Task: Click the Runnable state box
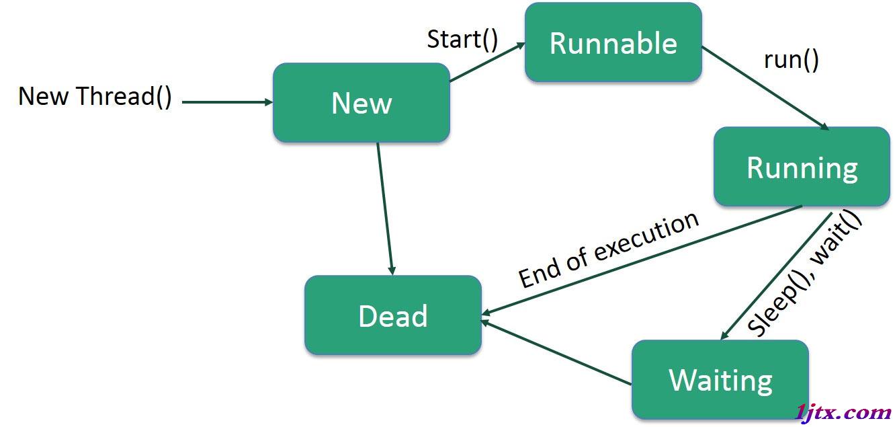pyautogui.click(x=613, y=42)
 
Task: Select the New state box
pyautogui.click(x=361, y=103)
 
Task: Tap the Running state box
pyautogui.click(x=802, y=167)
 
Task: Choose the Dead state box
pyautogui.click(x=393, y=315)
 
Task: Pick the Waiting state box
pyautogui.click(x=720, y=379)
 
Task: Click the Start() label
pyautogui.click(x=463, y=40)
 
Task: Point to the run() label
pyautogui.click(x=792, y=60)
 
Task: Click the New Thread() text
pyautogui.click(x=95, y=96)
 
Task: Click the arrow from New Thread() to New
pyautogui.click(x=227, y=102)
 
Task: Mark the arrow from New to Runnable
pyautogui.click(x=487, y=62)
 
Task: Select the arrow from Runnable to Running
pyautogui.click(x=765, y=88)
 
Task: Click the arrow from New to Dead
pyautogui.click(x=386, y=208)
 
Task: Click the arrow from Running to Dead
pyautogui.click(x=642, y=260)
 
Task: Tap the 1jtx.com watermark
pyautogui.click(x=843, y=412)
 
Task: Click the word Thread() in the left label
pyautogui.click(x=124, y=96)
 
